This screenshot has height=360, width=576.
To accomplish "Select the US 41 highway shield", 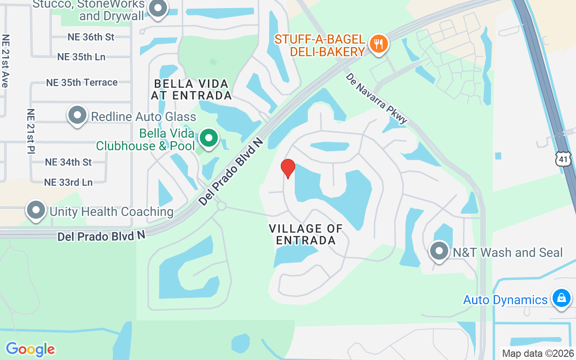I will coord(563,159).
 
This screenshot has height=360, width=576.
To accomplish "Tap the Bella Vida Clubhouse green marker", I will coord(208,139).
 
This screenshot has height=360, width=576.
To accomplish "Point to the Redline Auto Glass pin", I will coord(77,116).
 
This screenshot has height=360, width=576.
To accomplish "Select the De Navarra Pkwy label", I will coord(377,99).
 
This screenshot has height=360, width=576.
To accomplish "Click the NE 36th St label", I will coord(91,37).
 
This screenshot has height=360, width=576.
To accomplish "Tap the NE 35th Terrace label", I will coord(82,82).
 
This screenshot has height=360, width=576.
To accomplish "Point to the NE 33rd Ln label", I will coord(68,182).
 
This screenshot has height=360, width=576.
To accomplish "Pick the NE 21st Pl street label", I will coord(31,131).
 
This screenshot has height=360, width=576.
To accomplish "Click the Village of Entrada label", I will coord(306,234).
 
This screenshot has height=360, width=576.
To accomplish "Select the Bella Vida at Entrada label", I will coord(191,90).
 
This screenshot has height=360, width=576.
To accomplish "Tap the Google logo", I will coord(30,349).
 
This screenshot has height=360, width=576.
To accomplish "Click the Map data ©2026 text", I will coord(537,354).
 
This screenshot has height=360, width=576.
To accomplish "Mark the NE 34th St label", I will coord(68,162).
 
